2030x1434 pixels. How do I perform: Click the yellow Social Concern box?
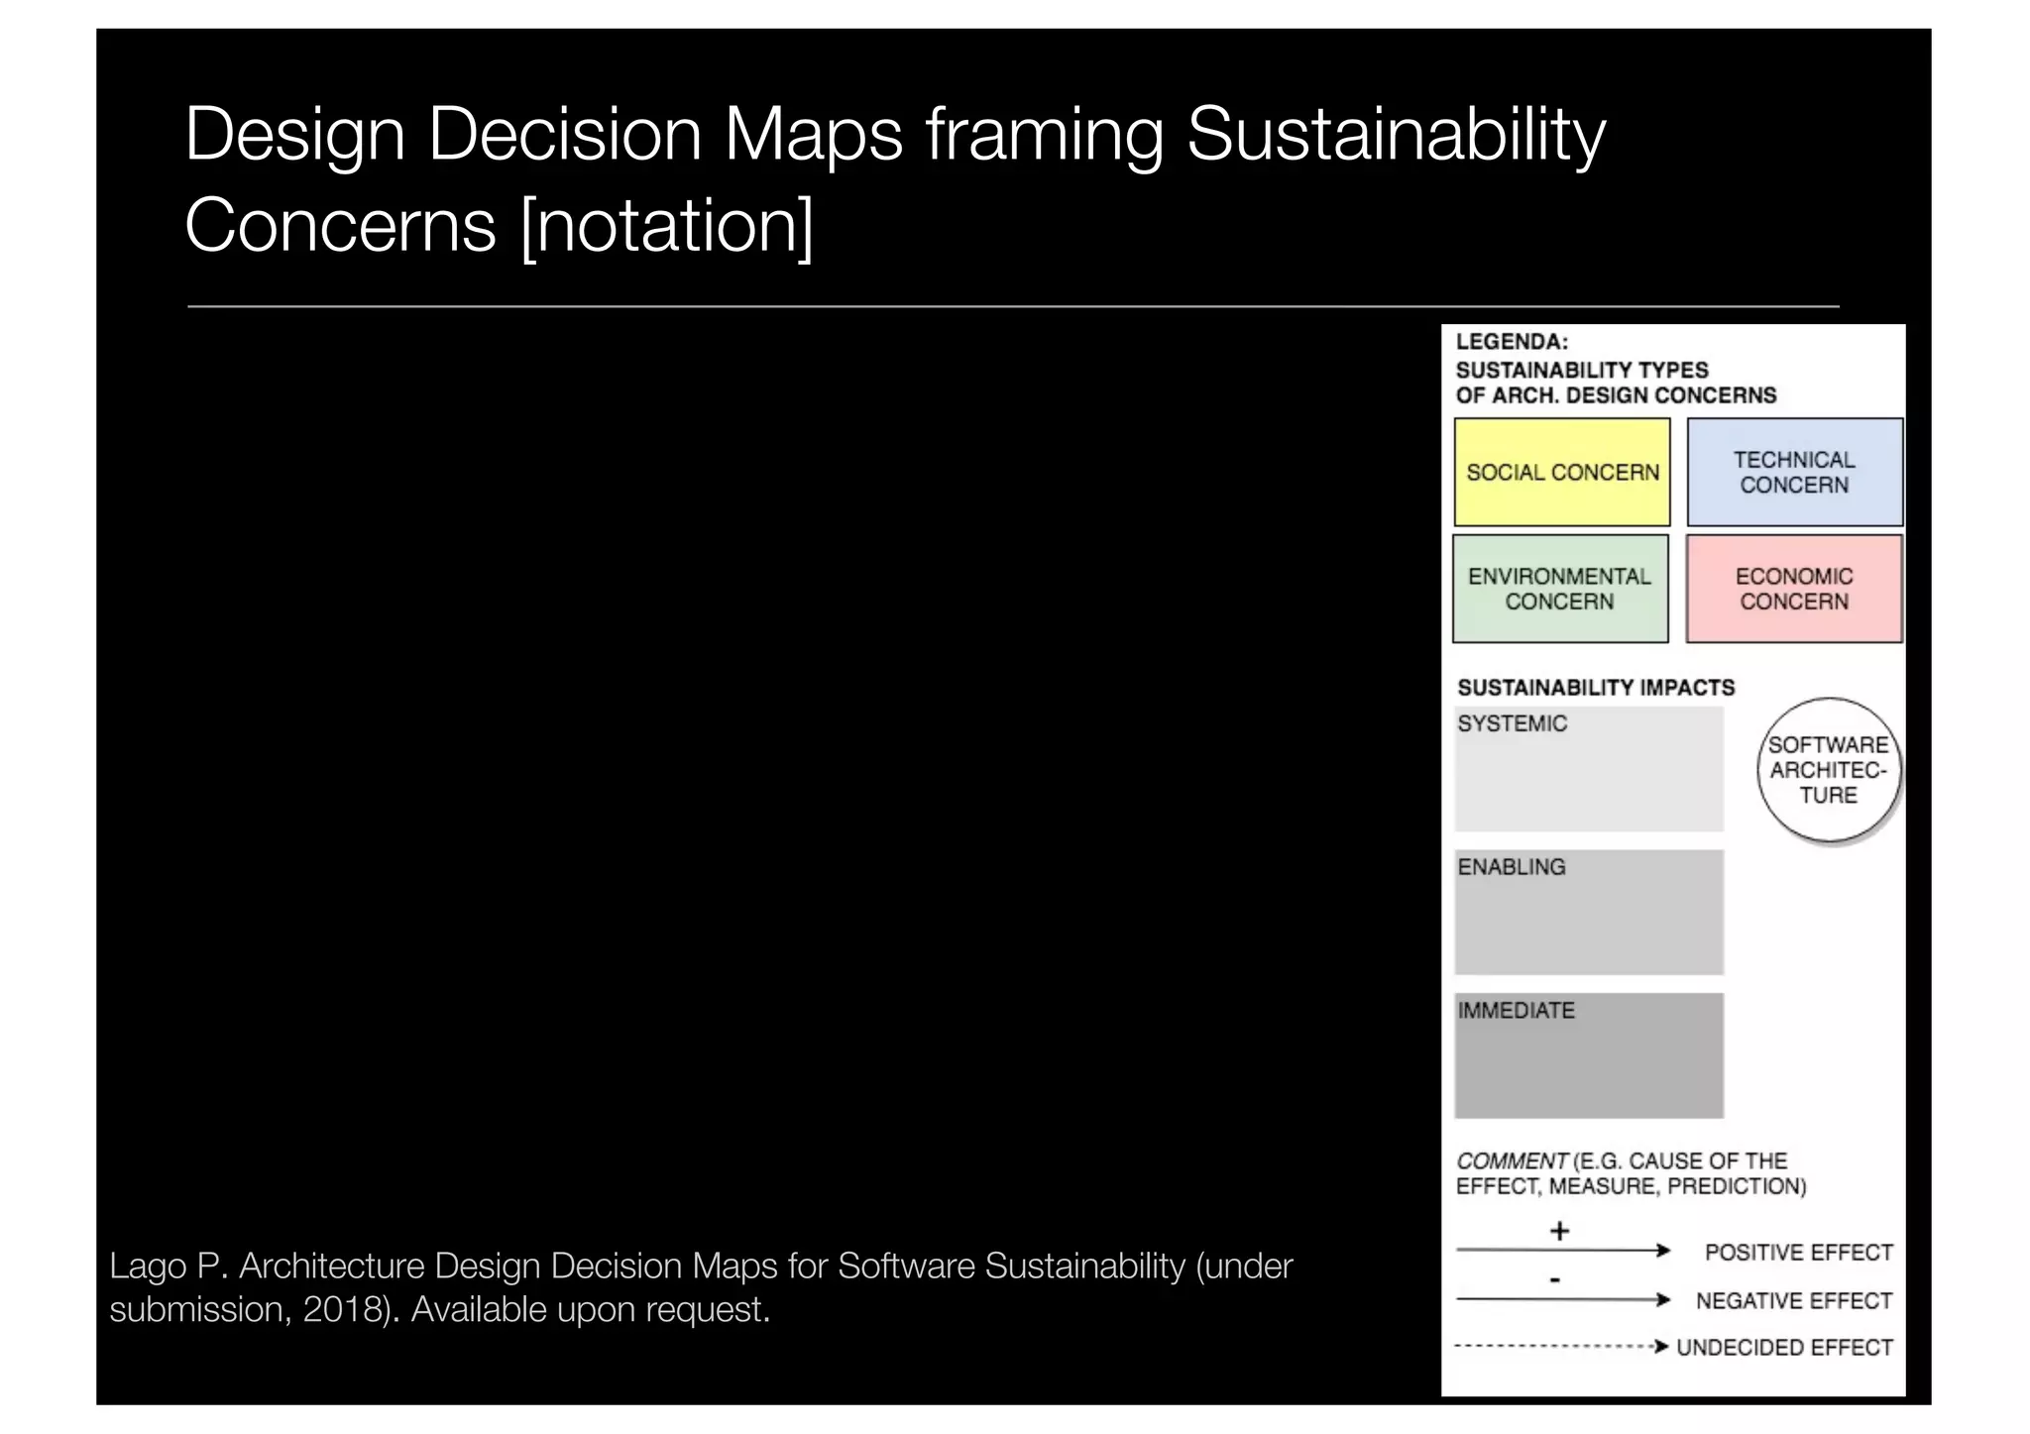pyautogui.click(x=1561, y=473)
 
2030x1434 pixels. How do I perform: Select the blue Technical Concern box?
pyautogui.click(x=1794, y=473)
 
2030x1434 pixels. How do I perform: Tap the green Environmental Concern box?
pyautogui.click(x=1560, y=589)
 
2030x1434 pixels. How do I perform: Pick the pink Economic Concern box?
pyautogui.click(x=1794, y=589)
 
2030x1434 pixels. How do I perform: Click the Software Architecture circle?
pyautogui.click(x=1828, y=770)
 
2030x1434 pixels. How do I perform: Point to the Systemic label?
pyautogui.click(x=1512, y=723)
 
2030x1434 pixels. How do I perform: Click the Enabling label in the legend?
pyautogui.click(x=1511, y=867)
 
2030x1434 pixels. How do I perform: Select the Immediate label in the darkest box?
pyautogui.click(x=1516, y=1011)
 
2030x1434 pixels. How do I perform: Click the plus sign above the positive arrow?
pyautogui.click(x=1559, y=1231)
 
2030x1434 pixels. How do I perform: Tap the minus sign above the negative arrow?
pyautogui.click(x=1555, y=1279)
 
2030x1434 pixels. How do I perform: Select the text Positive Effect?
pyautogui.click(x=1798, y=1253)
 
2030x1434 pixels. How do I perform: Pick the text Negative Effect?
pyautogui.click(x=1793, y=1300)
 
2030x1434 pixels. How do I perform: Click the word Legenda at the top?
pyautogui.click(x=1511, y=342)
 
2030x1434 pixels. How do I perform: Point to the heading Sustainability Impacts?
pyautogui.click(x=1595, y=688)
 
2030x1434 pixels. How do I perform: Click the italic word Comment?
pyautogui.click(x=1511, y=1160)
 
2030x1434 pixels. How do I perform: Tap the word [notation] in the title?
pyautogui.click(x=666, y=226)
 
